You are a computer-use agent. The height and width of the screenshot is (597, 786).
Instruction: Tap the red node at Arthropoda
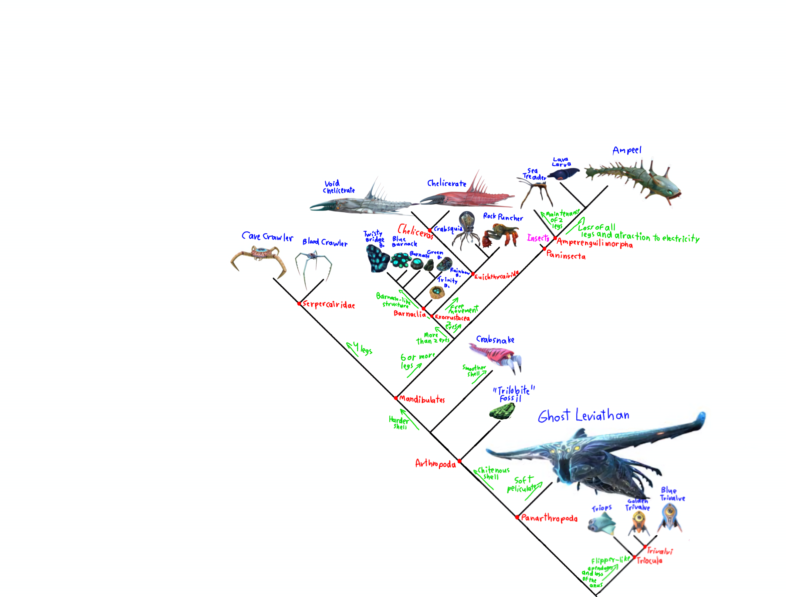pos(459,461)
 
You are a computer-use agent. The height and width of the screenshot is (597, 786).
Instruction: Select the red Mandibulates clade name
pos(422,399)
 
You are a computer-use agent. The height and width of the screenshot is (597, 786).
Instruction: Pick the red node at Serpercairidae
pos(299,304)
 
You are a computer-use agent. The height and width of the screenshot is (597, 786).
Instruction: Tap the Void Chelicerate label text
pos(338,187)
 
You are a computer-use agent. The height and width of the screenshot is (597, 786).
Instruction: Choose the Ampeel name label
pos(627,150)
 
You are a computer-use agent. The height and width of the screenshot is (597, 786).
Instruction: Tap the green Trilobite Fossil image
pos(502,411)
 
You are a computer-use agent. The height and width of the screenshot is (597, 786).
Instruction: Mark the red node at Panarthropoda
pos(517,517)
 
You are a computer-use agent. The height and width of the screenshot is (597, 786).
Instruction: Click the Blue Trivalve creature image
pos(669,517)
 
